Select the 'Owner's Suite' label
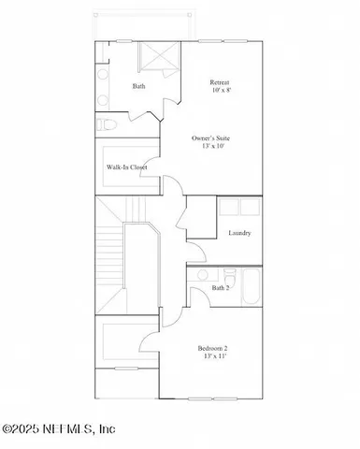pyautogui.click(x=210, y=138)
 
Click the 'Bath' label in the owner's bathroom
pyautogui.click(x=138, y=87)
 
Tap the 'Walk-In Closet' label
pyautogui.click(x=127, y=168)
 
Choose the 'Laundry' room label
pyautogui.click(x=239, y=233)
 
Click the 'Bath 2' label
pyautogui.click(x=220, y=288)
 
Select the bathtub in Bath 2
pyautogui.click(x=250, y=288)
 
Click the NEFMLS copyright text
pyautogui.click(x=58, y=429)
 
